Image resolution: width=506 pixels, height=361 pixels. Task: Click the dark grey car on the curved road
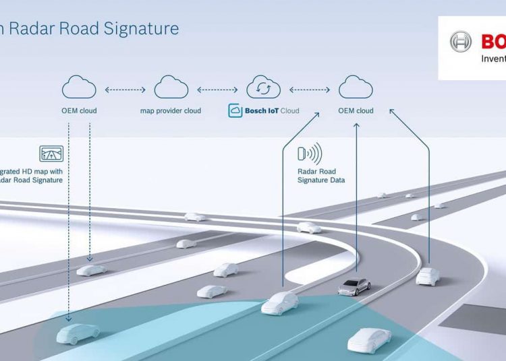click(x=354, y=286)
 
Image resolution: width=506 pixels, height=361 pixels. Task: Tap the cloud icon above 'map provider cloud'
click(x=171, y=88)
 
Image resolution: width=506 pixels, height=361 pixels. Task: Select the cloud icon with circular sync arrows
click(x=263, y=88)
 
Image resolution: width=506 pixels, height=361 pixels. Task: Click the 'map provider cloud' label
click(x=171, y=111)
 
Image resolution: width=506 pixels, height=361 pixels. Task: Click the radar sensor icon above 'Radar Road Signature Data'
click(x=310, y=154)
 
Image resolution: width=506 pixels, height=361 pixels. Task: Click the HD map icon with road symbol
click(x=51, y=154)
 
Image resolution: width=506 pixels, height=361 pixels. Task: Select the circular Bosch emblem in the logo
click(x=461, y=42)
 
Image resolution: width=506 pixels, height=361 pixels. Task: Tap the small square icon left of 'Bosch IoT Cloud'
click(x=235, y=111)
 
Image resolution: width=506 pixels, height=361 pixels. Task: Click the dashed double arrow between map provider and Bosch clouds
click(x=217, y=88)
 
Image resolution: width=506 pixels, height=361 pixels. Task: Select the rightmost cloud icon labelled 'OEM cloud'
click(x=356, y=88)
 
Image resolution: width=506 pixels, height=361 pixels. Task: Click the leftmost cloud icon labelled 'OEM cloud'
click(x=79, y=88)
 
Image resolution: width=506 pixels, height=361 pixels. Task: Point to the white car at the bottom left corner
click(x=78, y=332)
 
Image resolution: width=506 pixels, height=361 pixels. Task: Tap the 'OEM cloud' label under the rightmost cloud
click(x=356, y=111)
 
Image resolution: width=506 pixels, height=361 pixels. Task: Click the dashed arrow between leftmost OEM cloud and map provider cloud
click(x=125, y=88)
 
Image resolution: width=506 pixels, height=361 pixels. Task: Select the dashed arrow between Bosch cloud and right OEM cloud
click(x=310, y=88)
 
